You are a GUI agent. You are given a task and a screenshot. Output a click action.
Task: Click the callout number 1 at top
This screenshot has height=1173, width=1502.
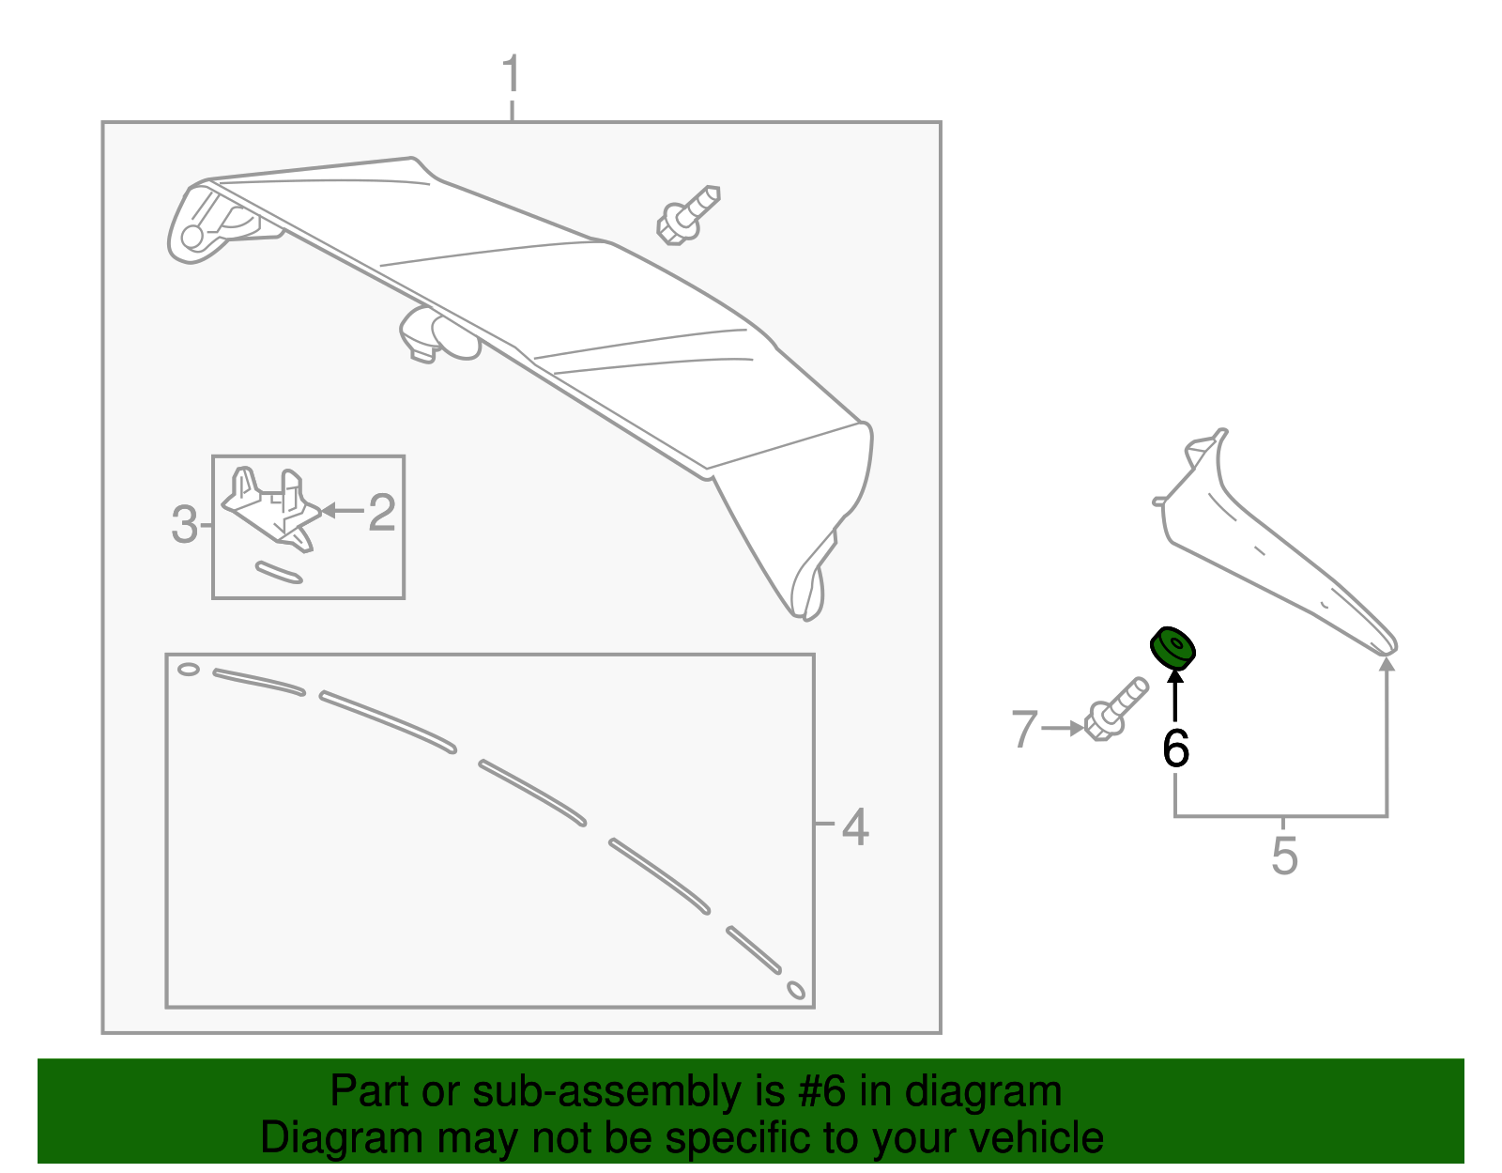[x=511, y=74]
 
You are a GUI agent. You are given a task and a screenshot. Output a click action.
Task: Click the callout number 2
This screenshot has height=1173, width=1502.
[x=381, y=513]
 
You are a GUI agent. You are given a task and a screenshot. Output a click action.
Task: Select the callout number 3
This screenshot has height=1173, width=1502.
[x=184, y=524]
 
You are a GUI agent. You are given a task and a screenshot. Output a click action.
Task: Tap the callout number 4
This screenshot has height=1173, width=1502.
[x=854, y=827]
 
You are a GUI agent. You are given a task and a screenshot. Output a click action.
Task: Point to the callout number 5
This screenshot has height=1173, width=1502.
[x=1284, y=857]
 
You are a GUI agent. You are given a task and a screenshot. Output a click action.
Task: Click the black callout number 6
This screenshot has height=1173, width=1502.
[x=1175, y=749]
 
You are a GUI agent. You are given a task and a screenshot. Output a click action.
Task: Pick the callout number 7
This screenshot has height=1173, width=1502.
[x=1024, y=729]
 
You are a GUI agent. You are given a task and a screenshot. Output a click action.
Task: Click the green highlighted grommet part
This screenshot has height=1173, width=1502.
[x=1172, y=648]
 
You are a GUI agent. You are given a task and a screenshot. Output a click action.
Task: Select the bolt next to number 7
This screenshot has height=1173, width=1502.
[x=1115, y=710]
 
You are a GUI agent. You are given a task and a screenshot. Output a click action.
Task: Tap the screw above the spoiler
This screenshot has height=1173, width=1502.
[x=687, y=215]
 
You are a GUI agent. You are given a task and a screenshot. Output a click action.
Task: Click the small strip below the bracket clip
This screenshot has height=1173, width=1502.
[x=279, y=572]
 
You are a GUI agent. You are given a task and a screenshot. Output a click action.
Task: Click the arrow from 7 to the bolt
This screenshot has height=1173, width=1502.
[x=1063, y=728]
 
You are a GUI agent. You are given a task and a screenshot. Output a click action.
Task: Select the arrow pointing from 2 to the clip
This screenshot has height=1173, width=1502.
[x=342, y=511]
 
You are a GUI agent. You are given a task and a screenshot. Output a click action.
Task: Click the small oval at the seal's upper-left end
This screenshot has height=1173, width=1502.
[x=189, y=670]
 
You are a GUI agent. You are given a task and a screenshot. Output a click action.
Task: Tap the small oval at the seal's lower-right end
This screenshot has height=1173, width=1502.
[x=795, y=990]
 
